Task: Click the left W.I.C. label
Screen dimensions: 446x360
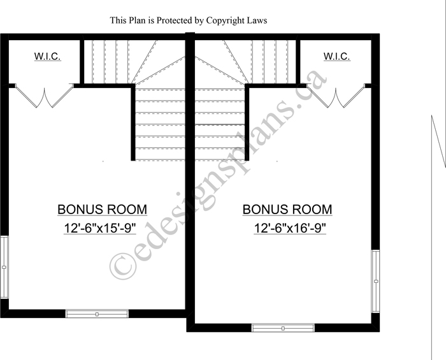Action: point(48,56)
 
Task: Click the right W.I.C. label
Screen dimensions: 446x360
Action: point(337,56)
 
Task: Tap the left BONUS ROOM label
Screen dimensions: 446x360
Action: point(103,210)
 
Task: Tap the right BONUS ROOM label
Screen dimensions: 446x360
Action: point(287,210)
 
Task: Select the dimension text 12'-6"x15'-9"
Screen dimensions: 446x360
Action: point(100,228)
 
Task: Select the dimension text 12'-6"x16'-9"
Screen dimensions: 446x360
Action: point(289,228)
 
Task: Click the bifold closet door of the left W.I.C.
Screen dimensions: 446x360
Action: point(45,96)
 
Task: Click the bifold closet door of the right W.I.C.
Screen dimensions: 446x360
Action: point(336,96)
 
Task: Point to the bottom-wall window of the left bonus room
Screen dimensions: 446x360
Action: point(97,314)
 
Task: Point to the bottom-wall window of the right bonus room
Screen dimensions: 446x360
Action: point(283,328)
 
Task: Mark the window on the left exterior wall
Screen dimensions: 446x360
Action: point(4,267)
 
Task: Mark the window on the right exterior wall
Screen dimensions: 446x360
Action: point(376,281)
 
